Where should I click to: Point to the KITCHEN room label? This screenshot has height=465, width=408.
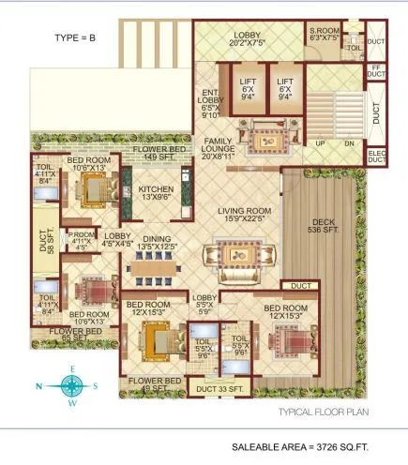157,192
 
